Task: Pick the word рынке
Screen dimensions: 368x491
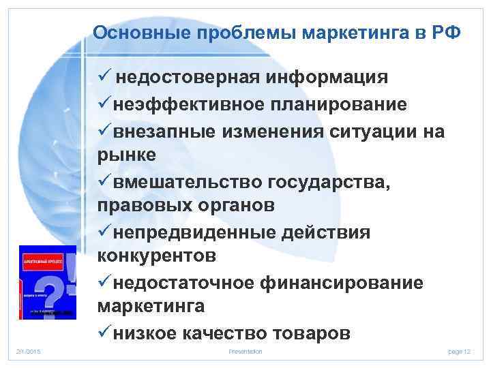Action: tap(127, 155)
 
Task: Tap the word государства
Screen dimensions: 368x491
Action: tap(333, 181)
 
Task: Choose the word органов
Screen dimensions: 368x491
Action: tap(226, 206)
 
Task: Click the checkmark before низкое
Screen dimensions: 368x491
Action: tap(105, 333)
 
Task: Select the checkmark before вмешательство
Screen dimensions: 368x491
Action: tap(105, 181)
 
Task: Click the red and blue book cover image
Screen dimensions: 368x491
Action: tap(47, 282)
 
